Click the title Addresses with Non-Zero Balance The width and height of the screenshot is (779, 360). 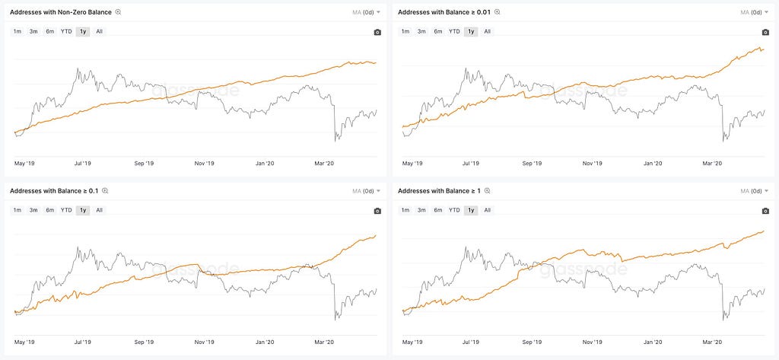point(61,12)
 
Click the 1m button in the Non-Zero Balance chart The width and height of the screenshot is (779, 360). point(17,31)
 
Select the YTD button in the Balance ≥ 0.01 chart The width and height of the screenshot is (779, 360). point(454,31)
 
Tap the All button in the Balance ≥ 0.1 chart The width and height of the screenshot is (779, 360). point(100,210)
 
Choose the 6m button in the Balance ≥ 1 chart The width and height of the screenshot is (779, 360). point(437,210)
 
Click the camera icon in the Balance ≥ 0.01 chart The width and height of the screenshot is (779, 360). point(765,32)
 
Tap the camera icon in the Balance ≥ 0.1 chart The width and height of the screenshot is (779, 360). point(377,211)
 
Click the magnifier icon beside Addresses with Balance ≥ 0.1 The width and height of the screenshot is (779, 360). point(105,191)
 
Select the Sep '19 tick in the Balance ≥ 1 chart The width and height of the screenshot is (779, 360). point(532,342)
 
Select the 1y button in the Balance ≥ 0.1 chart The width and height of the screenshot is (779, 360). point(83,210)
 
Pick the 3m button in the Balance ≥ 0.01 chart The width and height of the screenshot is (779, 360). point(421,31)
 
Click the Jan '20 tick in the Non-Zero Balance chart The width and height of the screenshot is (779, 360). point(265,163)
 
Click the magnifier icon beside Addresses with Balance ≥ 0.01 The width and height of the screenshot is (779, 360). point(498,12)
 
